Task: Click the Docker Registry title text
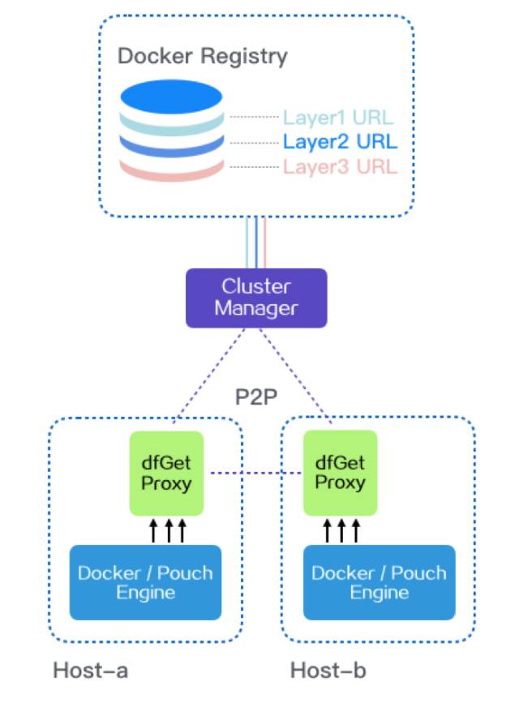click(x=203, y=56)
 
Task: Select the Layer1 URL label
click(x=340, y=118)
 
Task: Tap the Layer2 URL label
click(x=340, y=143)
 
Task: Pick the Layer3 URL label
click(x=340, y=167)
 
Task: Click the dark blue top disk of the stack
click(x=172, y=97)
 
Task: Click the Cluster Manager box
click(x=256, y=298)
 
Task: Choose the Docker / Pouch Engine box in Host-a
click(x=146, y=582)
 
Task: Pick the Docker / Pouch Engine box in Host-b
click(x=379, y=582)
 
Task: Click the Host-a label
click(x=90, y=671)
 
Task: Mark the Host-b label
click(x=328, y=671)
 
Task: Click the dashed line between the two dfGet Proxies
click(x=251, y=473)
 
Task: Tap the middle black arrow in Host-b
click(x=341, y=531)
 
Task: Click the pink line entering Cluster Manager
click(x=264, y=242)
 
